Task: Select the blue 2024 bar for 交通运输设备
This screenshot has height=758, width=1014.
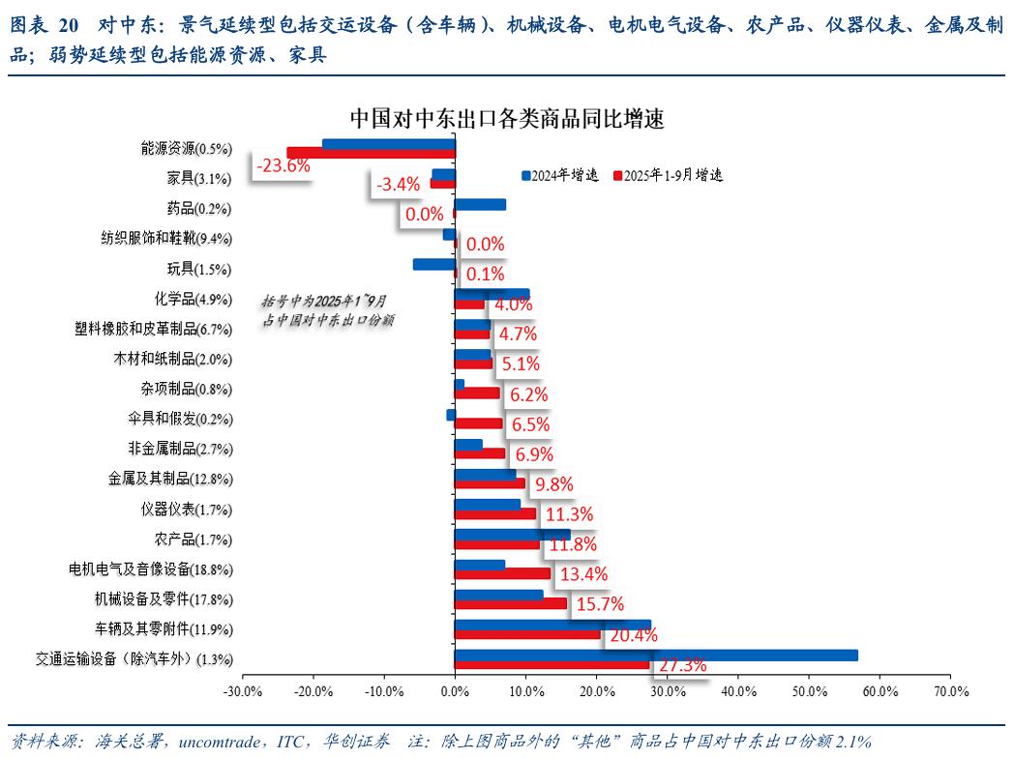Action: pyautogui.click(x=655, y=655)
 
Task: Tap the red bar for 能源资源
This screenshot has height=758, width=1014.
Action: pyautogui.click(x=371, y=153)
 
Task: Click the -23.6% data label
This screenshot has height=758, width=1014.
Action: pyautogui.click(x=283, y=165)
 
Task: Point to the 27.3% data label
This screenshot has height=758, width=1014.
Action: pyautogui.click(x=682, y=665)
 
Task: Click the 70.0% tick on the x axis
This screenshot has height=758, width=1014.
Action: pyautogui.click(x=950, y=691)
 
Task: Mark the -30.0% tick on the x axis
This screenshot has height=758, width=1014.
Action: pyautogui.click(x=241, y=691)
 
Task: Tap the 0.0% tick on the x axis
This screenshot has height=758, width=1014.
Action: pyautogui.click(x=454, y=691)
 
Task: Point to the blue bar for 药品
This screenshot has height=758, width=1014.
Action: pyautogui.click(x=480, y=204)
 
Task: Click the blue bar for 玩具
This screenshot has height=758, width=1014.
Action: pyautogui.click(x=433, y=264)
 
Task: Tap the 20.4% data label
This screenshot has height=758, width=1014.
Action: pyautogui.click(x=633, y=635)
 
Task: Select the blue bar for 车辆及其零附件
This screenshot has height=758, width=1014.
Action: pyautogui.click(x=552, y=625)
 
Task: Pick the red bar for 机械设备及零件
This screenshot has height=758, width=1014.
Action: pyautogui.click(x=511, y=603)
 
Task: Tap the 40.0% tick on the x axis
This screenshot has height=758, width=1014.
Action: pyautogui.click(x=737, y=691)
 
